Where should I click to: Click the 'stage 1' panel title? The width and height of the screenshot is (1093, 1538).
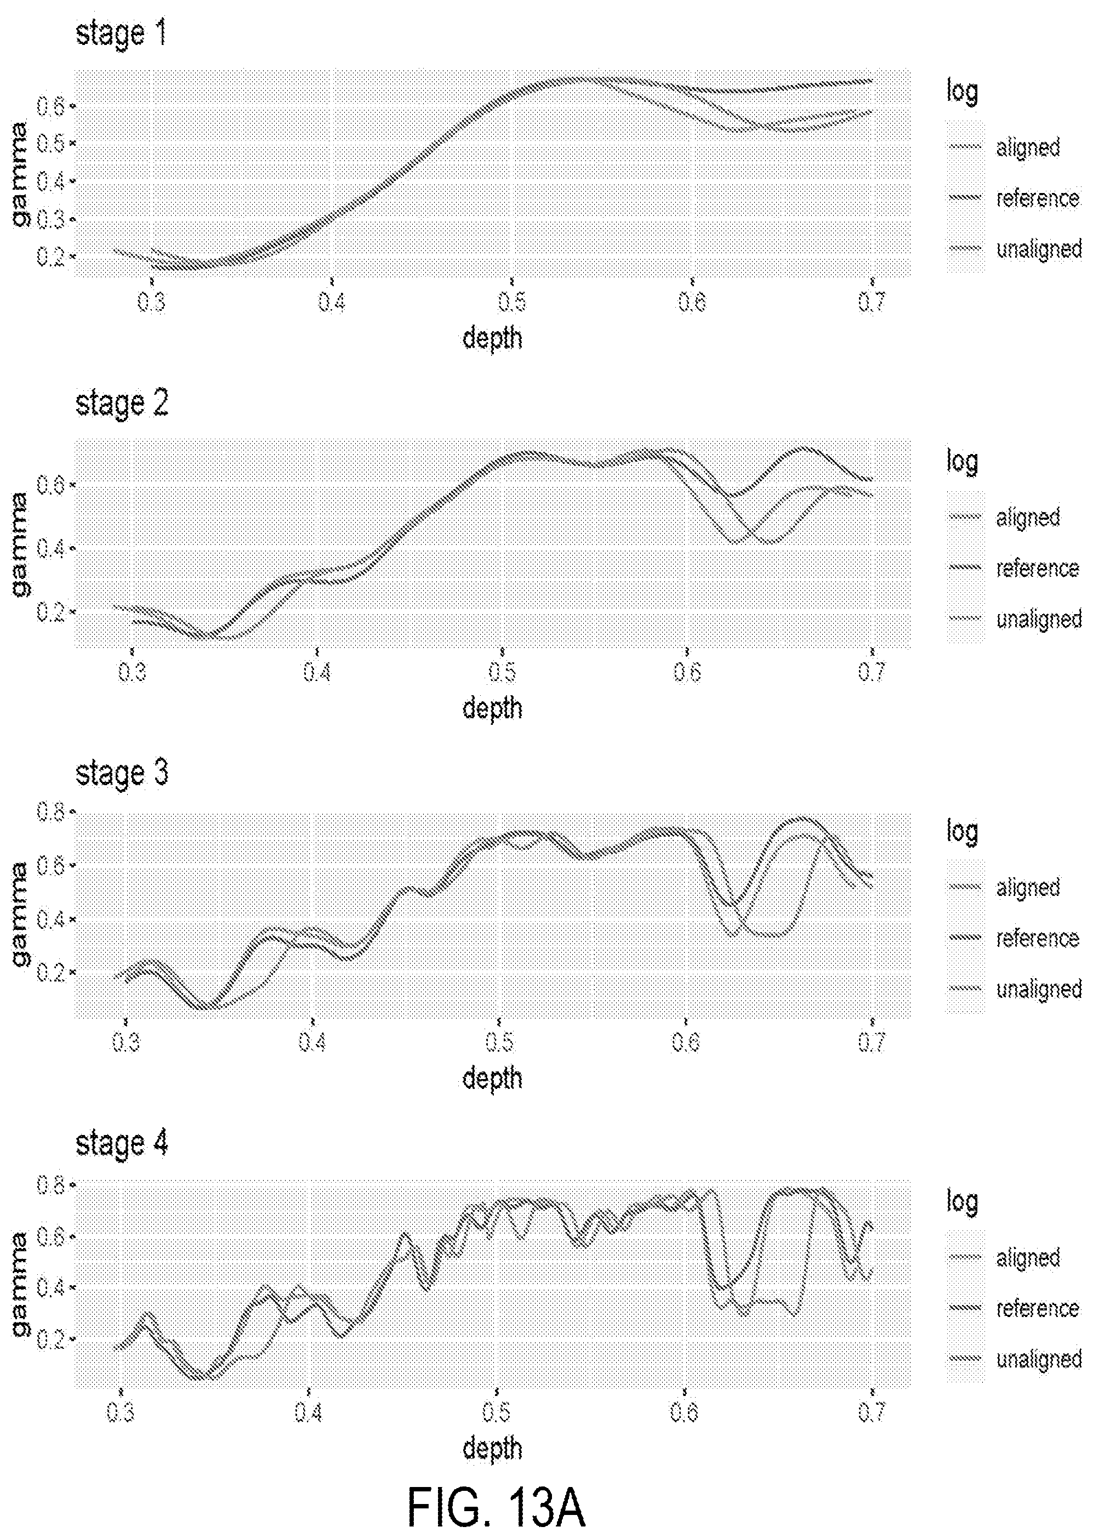click(x=121, y=33)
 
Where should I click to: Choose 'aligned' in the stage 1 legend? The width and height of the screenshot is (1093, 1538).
click(x=1028, y=147)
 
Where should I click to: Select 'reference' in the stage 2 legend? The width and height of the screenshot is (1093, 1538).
click(x=1037, y=569)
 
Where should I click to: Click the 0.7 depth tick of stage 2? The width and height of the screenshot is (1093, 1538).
click(x=872, y=672)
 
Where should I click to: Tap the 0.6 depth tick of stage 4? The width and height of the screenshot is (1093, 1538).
click(x=685, y=1412)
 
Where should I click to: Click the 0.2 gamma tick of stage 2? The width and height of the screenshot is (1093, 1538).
click(x=50, y=612)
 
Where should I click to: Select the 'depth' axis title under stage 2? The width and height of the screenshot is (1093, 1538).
click(x=493, y=708)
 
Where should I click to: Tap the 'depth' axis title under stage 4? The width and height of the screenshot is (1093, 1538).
click(x=493, y=1448)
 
